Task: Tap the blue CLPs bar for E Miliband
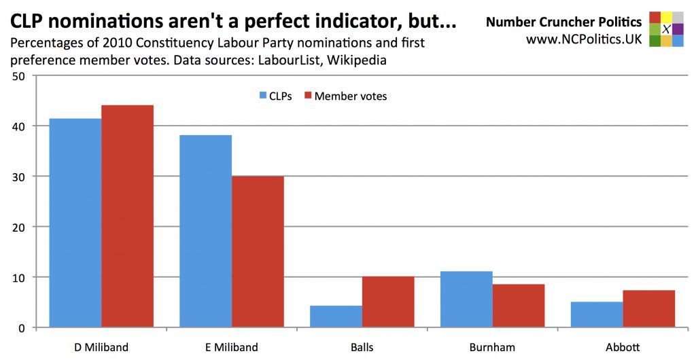click(206, 231)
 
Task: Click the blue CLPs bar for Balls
click(336, 317)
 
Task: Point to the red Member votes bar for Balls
click(388, 302)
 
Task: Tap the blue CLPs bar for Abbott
click(597, 314)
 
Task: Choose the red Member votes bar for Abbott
click(649, 309)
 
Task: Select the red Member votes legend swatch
click(308, 96)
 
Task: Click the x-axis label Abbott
click(623, 347)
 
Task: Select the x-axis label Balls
click(362, 347)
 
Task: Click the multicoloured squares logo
click(666, 29)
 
